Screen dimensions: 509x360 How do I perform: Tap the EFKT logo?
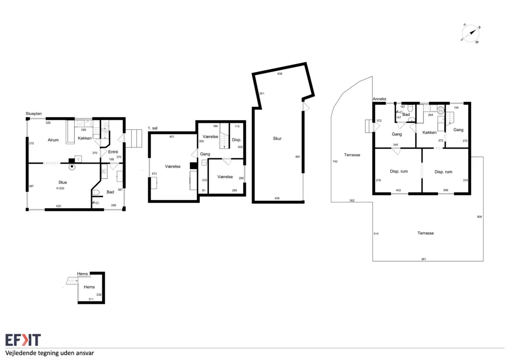click(x=23, y=340)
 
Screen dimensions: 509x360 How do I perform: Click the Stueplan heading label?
click(x=34, y=113)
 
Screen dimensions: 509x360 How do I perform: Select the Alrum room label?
click(x=53, y=140)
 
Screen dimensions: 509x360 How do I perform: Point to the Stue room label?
click(x=63, y=182)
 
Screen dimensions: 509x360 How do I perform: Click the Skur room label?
click(x=277, y=138)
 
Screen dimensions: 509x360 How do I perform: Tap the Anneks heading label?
click(x=379, y=99)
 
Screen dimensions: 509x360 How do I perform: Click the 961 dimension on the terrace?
click(x=424, y=259)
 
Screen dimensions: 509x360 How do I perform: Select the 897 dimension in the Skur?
click(x=298, y=157)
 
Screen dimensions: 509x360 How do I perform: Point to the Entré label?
click(x=113, y=152)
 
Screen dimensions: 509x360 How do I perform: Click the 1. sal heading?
click(x=153, y=128)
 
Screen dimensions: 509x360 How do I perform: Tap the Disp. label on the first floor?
click(x=237, y=140)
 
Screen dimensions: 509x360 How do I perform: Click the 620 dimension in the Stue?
click(x=59, y=206)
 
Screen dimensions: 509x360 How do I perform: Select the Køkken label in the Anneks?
click(x=429, y=132)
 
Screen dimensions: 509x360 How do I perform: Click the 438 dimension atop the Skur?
click(x=280, y=74)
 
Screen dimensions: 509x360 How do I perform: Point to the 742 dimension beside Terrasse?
click(x=335, y=161)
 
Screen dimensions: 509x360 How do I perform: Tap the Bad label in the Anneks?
click(x=406, y=114)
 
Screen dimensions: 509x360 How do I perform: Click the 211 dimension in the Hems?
click(x=91, y=299)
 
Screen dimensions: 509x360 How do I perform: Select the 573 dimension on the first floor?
click(x=154, y=174)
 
